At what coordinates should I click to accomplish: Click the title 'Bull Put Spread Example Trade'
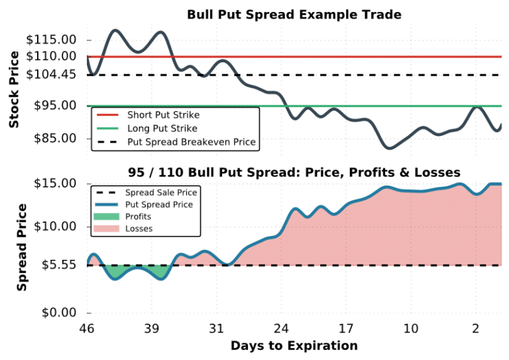(294, 14)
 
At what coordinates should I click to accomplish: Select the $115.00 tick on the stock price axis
(51, 40)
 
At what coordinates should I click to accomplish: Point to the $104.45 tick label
(51, 75)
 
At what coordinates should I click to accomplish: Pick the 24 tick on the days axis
(281, 329)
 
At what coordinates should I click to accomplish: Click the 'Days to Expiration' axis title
(294, 346)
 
